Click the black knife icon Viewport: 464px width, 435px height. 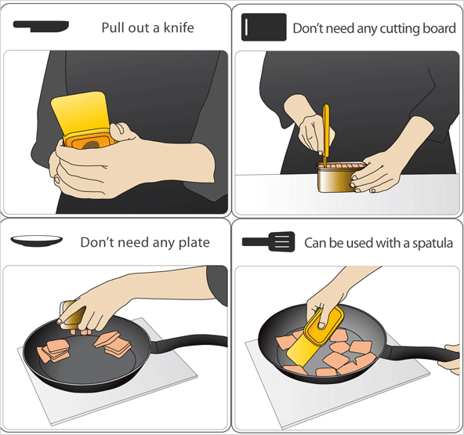[x=41, y=27]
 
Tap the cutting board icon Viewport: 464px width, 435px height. [x=263, y=27]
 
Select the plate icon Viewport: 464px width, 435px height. [x=36, y=241]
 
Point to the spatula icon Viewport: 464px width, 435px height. [x=268, y=241]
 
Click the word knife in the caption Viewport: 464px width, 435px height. [x=179, y=27]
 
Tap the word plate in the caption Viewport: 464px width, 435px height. [x=194, y=243]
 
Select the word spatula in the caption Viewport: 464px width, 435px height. [x=433, y=243]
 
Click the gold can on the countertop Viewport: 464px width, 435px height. [x=340, y=177]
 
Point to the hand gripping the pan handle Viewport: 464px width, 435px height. [x=452, y=358]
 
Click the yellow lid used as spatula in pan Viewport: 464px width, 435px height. [x=315, y=336]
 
